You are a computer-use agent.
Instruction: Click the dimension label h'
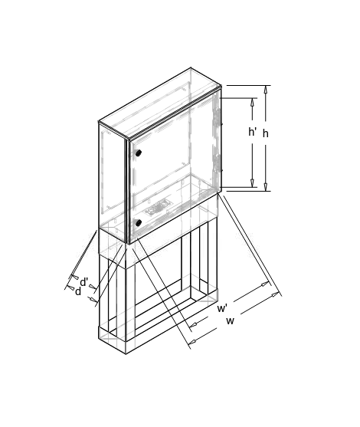[x=252, y=132]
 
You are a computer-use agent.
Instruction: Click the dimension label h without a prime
[x=265, y=133]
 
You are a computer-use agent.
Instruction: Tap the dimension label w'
[x=222, y=308]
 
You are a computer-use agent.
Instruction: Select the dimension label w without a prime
[x=230, y=321]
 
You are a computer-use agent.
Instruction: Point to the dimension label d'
[x=84, y=282]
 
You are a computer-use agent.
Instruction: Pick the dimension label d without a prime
[x=78, y=291]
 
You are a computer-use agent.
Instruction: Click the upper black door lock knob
[x=139, y=153]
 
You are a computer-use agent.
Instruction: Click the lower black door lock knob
[x=139, y=222]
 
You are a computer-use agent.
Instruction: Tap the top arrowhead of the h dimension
[x=266, y=89]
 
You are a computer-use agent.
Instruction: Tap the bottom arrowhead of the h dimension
[x=266, y=187]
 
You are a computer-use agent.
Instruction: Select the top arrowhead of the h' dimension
[x=253, y=102]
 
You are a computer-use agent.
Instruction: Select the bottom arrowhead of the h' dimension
[x=253, y=183]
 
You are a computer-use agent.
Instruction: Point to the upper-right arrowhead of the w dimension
[x=276, y=294]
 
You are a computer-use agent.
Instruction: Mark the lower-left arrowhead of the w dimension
[x=192, y=340]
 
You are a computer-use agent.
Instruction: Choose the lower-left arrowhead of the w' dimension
[x=193, y=324]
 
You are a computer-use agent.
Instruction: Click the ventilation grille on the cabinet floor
[x=159, y=208]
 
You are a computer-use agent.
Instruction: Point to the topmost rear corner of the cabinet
[x=191, y=67]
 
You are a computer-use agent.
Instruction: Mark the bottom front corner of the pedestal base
[x=126, y=354]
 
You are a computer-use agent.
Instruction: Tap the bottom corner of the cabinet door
[x=129, y=244]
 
